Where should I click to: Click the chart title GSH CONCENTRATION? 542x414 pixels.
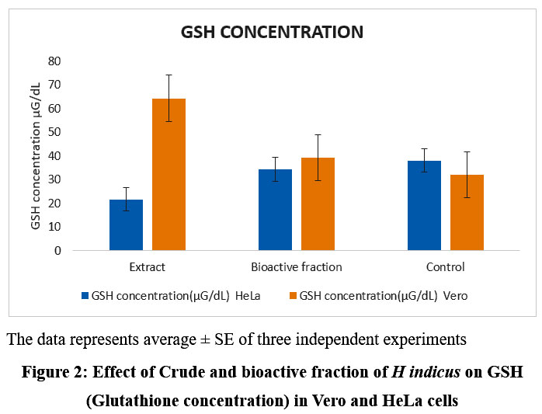[x=272, y=32]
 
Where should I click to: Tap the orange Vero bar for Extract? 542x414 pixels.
[x=169, y=175]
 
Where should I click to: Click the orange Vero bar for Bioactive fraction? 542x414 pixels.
[x=318, y=204]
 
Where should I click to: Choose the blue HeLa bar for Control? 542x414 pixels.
[x=424, y=206]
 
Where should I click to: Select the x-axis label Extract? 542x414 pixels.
[x=148, y=267]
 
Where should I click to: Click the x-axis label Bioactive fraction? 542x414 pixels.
[x=297, y=267]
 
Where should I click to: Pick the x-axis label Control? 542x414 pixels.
[x=446, y=267]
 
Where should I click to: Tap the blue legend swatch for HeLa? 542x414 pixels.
[x=85, y=296]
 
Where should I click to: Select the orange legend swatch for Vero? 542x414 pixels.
[x=293, y=296]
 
